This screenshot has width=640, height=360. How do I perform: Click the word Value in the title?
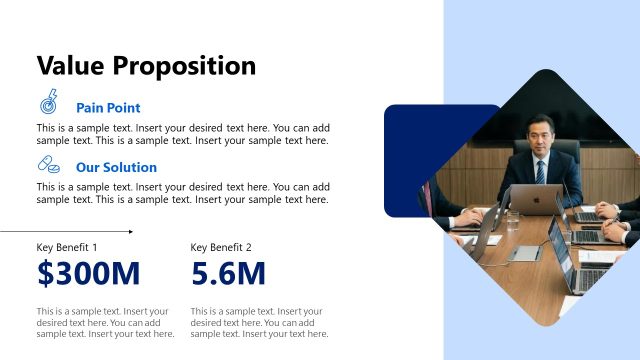[71, 66]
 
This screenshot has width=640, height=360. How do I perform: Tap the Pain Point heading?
[108, 108]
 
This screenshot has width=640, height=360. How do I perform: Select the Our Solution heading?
[116, 168]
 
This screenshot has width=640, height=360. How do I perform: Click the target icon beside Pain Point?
[48, 102]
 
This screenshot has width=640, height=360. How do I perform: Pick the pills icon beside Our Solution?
[48, 165]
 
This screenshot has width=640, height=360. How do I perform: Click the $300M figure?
[88, 273]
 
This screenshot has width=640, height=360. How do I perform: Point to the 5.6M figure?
[228, 273]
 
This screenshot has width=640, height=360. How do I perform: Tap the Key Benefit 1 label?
[67, 247]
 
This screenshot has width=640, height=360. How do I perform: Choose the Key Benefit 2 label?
[221, 247]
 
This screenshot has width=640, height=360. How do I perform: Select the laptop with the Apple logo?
[533, 200]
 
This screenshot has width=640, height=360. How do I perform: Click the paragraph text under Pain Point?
[183, 134]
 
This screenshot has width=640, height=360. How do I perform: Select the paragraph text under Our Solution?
[183, 193]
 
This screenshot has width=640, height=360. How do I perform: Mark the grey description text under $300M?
[105, 322]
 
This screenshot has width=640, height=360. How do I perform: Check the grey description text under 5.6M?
[259, 322]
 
